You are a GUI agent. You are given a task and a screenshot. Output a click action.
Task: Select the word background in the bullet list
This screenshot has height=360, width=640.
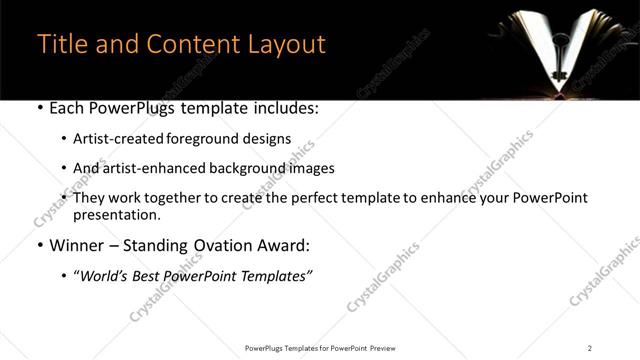240,168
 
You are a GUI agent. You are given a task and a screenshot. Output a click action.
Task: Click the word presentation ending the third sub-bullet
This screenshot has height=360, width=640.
115,215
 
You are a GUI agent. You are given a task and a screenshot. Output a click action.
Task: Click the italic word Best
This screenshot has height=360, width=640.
150,275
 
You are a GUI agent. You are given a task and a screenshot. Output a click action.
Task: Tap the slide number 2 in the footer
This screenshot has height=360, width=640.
589,347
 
